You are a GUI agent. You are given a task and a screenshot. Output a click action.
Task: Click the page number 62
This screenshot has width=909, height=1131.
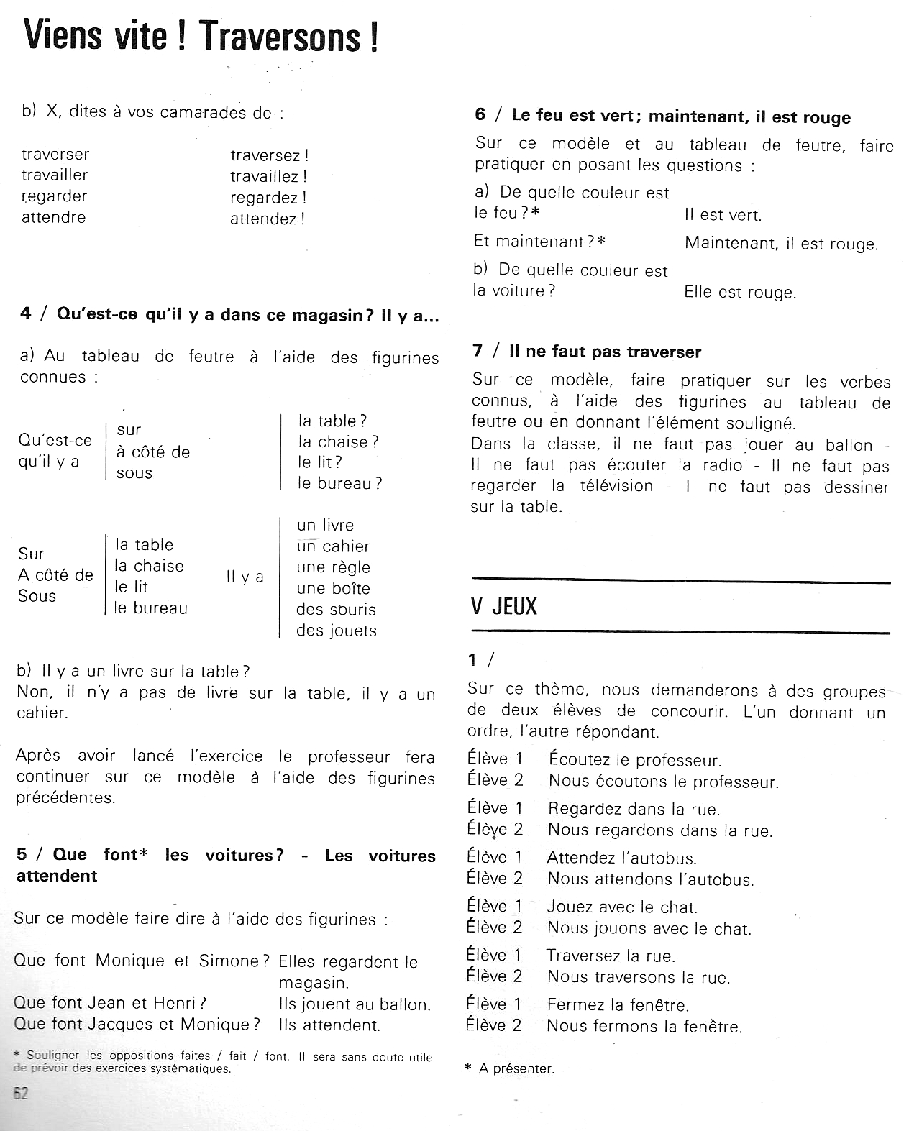click(x=21, y=1094)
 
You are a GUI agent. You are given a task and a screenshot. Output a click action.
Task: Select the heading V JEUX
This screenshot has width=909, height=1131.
click(x=504, y=606)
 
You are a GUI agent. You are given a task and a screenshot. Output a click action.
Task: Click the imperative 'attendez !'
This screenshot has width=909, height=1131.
click(x=268, y=219)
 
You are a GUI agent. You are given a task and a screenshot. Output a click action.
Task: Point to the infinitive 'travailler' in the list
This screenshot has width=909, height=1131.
click(x=55, y=175)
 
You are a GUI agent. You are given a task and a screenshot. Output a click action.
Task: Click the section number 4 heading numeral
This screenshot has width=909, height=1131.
click(x=26, y=314)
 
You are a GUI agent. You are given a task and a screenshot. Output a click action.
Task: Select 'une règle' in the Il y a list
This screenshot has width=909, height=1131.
click(x=333, y=567)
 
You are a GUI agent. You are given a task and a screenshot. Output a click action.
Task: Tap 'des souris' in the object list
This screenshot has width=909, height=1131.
click(x=336, y=610)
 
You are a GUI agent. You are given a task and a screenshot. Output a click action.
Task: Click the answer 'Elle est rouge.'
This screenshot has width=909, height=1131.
click(x=740, y=293)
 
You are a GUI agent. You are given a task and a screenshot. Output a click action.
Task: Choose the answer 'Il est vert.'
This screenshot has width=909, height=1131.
click(x=723, y=215)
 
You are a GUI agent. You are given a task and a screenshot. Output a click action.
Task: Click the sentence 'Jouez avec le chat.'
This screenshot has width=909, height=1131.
click(x=622, y=907)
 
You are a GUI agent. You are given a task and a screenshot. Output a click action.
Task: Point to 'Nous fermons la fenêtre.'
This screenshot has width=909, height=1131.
click(x=644, y=1026)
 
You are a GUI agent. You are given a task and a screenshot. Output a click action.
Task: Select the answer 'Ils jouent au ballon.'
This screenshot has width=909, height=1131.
click(x=355, y=1004)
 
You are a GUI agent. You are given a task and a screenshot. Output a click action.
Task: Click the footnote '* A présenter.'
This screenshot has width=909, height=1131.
click(x=510, y=1068)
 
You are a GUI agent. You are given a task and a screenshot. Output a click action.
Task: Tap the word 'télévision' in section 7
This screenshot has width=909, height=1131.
click(x=616, y=486)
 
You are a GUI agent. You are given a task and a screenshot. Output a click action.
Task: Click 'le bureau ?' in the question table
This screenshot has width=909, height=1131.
click(x=340, y=483)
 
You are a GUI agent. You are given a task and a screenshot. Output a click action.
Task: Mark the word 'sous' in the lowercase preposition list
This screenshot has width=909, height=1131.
click(x=134, y=473)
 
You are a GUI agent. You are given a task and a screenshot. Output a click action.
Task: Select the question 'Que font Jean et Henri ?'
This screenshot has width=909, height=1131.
click(x=110, y=1003)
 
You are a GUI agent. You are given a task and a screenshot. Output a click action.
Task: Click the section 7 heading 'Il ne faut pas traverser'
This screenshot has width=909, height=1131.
click(x=604, y=352)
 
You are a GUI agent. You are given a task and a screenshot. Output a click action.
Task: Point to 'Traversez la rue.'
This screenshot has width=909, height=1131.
click(x=611, y=956)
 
